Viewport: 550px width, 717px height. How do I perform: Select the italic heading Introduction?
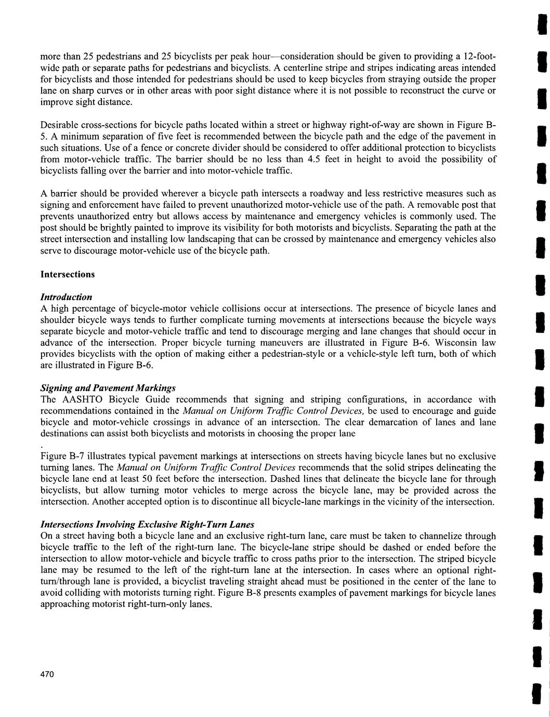[67, 297]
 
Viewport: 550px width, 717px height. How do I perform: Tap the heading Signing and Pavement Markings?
[108, 388]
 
